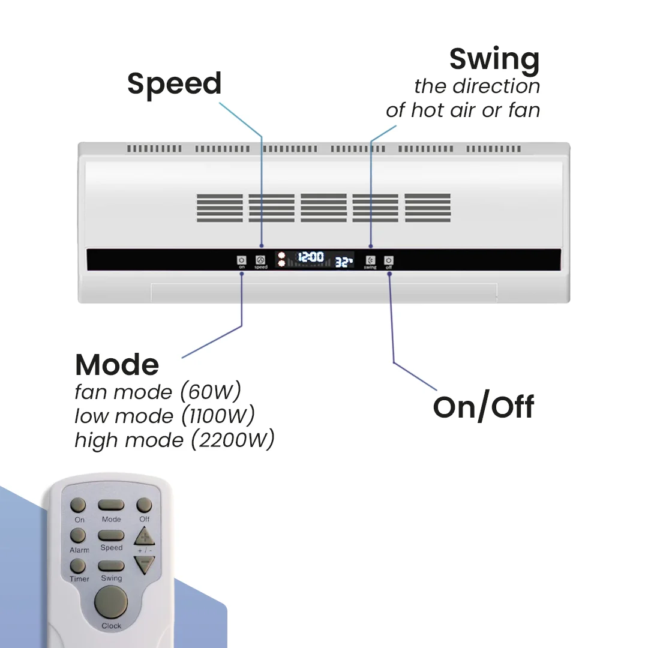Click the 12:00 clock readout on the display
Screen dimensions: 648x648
click(x=311, y=258)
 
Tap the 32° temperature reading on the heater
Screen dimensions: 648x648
click(x=344, y=262)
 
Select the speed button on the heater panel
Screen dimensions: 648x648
click(x=260, y=260)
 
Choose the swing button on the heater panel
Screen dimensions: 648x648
click(x=370, y=260)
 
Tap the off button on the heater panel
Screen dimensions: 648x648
click(x=389, y=260)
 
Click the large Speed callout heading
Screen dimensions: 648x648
click(x=175, y=84)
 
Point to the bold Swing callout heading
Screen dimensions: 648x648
click(x=494, y=59)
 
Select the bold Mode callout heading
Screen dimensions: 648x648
click(x=117, y=364)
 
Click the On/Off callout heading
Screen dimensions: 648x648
click(x=483, y=407)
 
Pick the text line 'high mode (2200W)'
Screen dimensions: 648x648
click(x=174, y=440)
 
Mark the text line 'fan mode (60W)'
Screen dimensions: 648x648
click(x=158, y=392)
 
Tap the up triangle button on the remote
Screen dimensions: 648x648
click(x=144, y=536)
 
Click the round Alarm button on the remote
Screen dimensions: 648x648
click(x=78, y=535)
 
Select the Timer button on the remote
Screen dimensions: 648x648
click(x=78, y=566)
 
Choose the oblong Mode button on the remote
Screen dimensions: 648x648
click(x=112, y=505)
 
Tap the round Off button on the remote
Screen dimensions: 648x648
click(x=145, y=505)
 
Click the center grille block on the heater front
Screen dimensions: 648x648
click(x=324, y=208)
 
